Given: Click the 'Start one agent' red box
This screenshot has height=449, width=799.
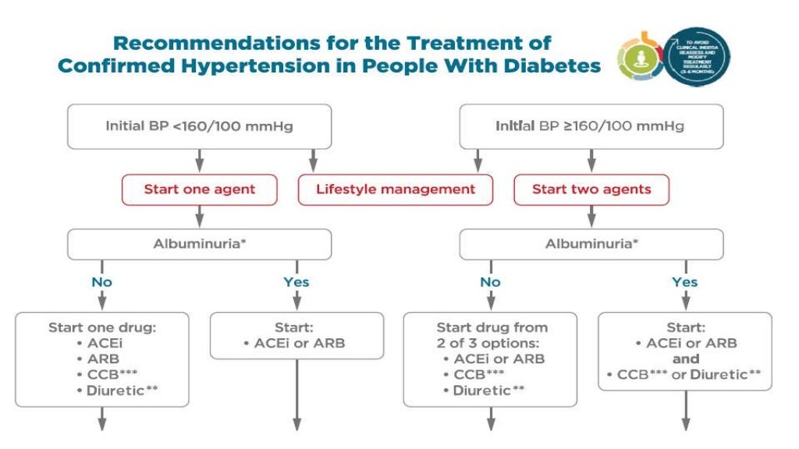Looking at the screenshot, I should pos(199,189).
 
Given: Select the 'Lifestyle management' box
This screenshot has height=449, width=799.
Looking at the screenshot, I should pos(395,189).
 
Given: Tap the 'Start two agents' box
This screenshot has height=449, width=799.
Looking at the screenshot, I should pos(591,189).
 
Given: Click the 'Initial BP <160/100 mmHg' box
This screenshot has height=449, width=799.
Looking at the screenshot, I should pos(199,126).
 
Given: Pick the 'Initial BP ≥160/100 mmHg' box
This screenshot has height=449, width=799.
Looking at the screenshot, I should pos(591,126).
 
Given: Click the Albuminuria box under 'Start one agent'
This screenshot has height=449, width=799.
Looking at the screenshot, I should pos(199,243).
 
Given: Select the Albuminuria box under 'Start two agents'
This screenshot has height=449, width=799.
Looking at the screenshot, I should pos(591,243).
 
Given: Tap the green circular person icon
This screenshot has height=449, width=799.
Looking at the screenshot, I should pos(639,57).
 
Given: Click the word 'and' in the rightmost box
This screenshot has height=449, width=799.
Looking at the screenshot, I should pos(684,359).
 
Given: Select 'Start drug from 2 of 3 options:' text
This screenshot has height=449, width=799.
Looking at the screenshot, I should pos(491,334).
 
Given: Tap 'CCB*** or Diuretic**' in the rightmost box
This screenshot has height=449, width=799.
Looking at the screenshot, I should pos(684,375).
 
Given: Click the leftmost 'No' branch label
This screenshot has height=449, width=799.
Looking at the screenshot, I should pos(101,281).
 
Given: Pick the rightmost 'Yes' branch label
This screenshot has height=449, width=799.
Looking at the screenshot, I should pos(684,281).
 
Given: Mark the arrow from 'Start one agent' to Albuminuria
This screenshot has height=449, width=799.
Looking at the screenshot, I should pos(199,216).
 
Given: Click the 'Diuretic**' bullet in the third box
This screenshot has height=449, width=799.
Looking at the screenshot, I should pos(491,391).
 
